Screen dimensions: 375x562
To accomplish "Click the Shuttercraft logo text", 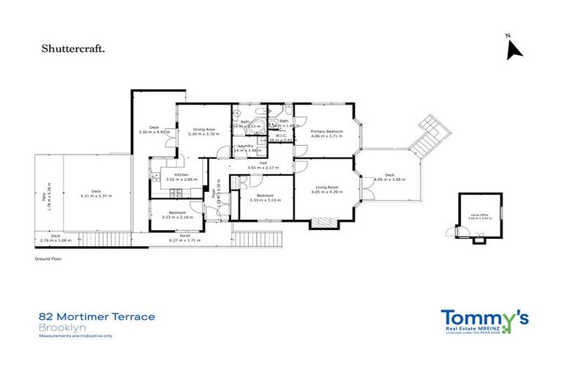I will click(x=72, y=49).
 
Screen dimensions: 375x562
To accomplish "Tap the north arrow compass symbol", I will click(x=514, y=48).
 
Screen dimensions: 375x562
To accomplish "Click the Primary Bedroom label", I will click(x=326, y=131).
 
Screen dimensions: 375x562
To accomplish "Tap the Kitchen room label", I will click(x=172, y=174).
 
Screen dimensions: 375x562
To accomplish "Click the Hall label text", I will click(x=263, y=163).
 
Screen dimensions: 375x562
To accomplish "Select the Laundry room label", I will click(x=246, y=146).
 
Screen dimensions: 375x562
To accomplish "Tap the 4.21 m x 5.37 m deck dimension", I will click(x=94, y=195).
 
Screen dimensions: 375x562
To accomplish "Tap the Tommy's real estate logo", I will click(x=484, y=320).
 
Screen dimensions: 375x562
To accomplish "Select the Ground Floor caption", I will click(x=49, y=259).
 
